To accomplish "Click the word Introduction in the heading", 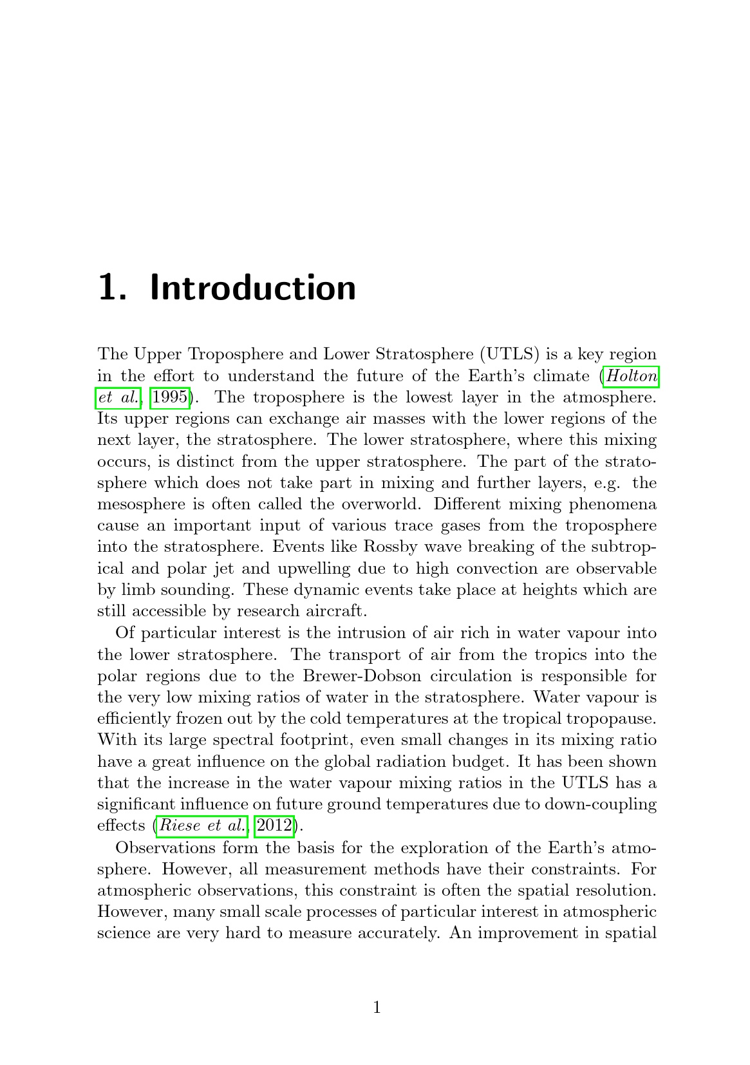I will coord(252,288).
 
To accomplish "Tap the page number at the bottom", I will coord(377,1007).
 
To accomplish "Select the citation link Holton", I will coord(631,375).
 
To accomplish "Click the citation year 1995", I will coord(169,397).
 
